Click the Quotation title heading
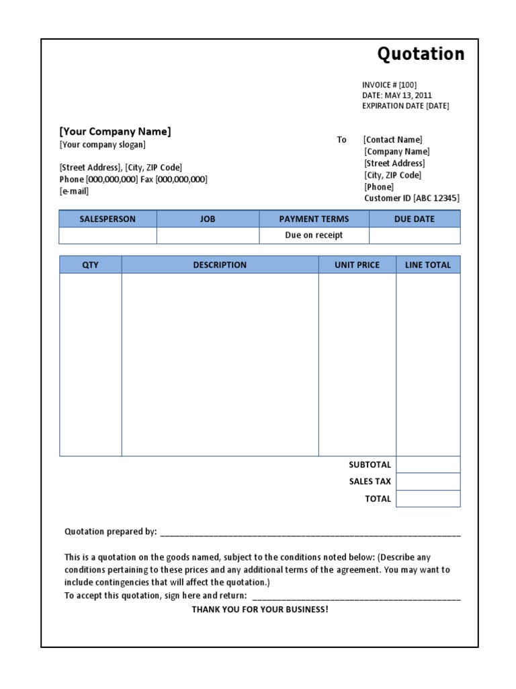coord(421,54)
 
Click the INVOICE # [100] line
coord(389,85)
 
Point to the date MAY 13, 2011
coord(408,96)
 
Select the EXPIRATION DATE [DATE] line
coord(405,106)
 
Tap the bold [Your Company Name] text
coord(115,131)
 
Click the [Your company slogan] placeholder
coord(102,145)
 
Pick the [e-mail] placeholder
coord(74,191)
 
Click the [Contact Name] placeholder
coord(393,140)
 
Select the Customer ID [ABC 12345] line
coord(412,198)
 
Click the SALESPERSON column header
coord(107,219)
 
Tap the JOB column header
coord(208,219)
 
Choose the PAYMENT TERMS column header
coord(314,219)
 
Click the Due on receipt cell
coord(314,235)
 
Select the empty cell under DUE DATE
coord(415,235)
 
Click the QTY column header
coord(90,265)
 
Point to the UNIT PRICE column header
coord(357,265)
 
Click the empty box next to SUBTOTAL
coord(428,465)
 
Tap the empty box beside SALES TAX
coord(428,482)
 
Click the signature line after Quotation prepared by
coord(310,533)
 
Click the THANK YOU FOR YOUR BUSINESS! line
coord(260,610)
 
